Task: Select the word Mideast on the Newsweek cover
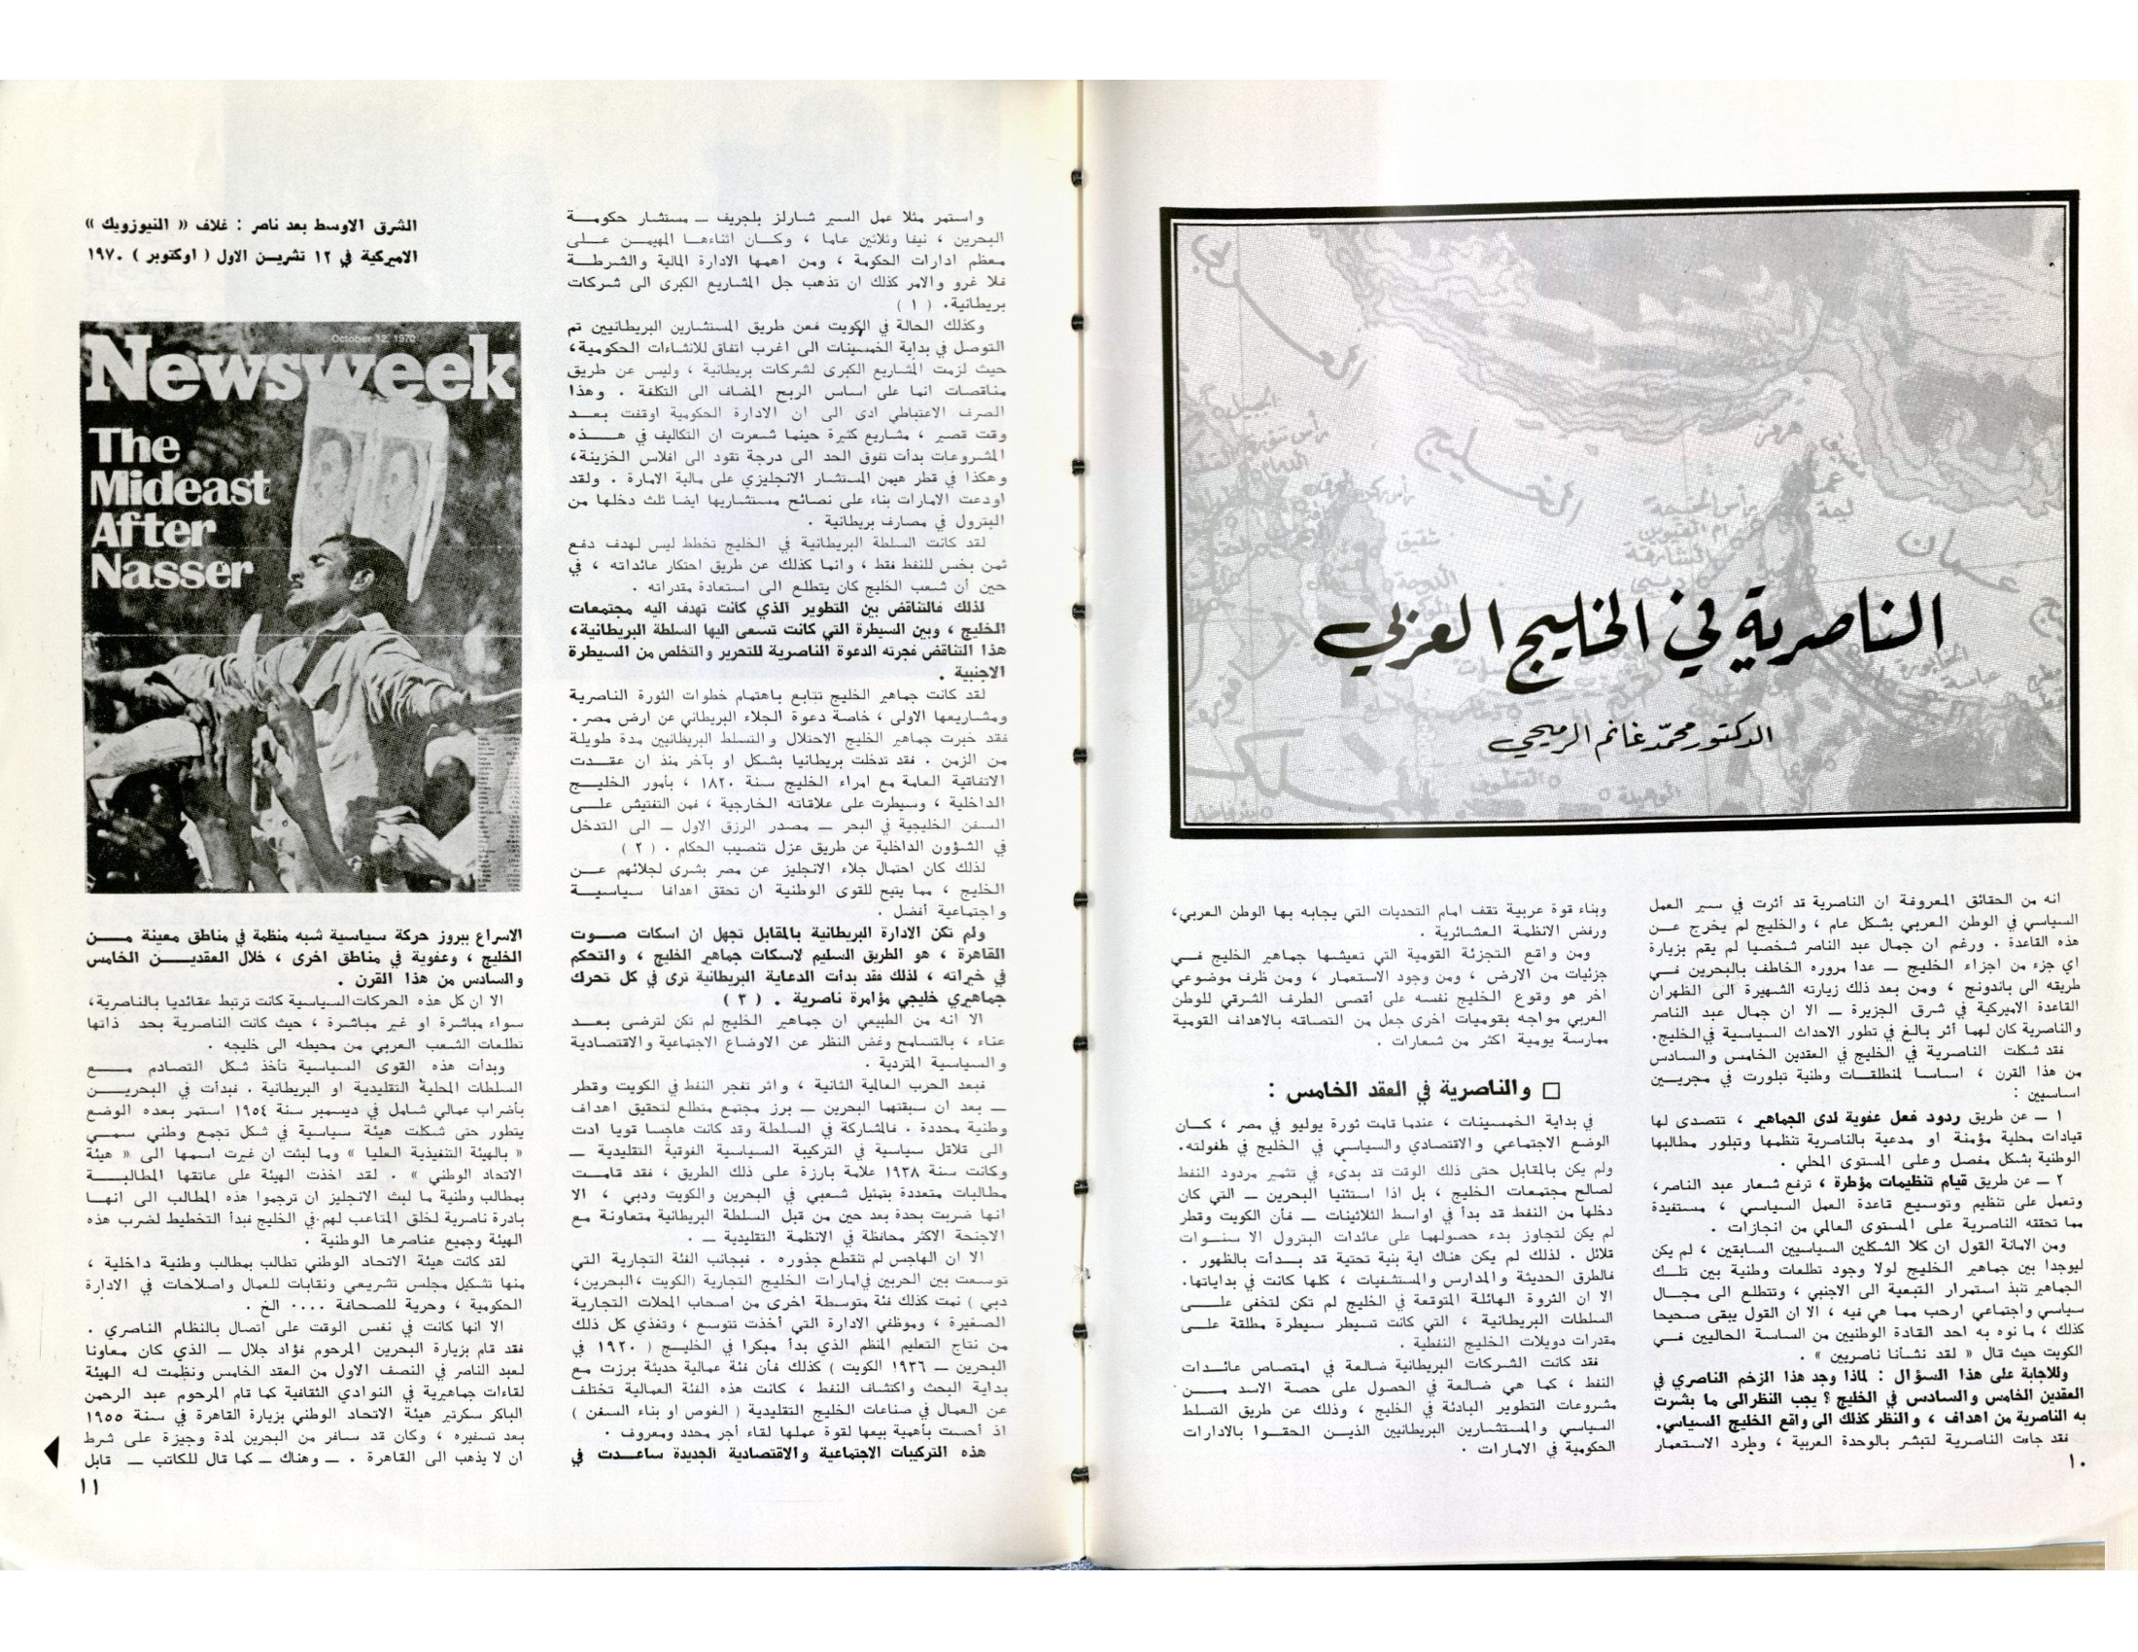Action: (x=180, y=488)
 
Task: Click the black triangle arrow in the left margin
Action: (x=52, y=1483)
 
